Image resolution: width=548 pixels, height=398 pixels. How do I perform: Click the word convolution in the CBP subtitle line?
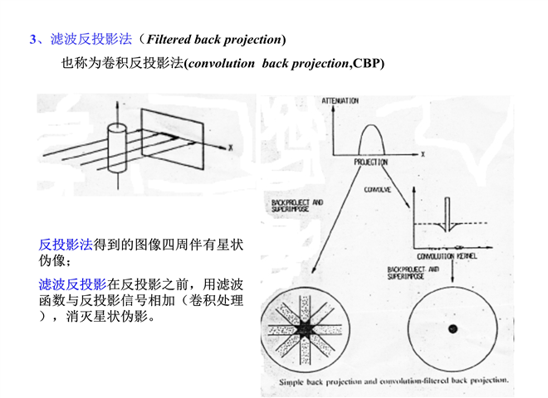click(x=223, y=64)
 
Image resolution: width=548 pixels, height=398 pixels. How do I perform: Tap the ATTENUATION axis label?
click(x=341, y=101)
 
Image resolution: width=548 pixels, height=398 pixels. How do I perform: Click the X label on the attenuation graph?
click(x=423, y=154)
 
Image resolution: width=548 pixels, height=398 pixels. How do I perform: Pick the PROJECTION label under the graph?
click(x=371, y=163)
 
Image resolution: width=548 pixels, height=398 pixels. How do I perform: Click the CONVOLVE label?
click(x=378, y=189)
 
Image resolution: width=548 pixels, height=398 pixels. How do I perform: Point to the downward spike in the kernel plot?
click(x=448, y=212)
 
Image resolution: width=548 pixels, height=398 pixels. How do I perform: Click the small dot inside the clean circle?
click(x=453, y=329)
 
